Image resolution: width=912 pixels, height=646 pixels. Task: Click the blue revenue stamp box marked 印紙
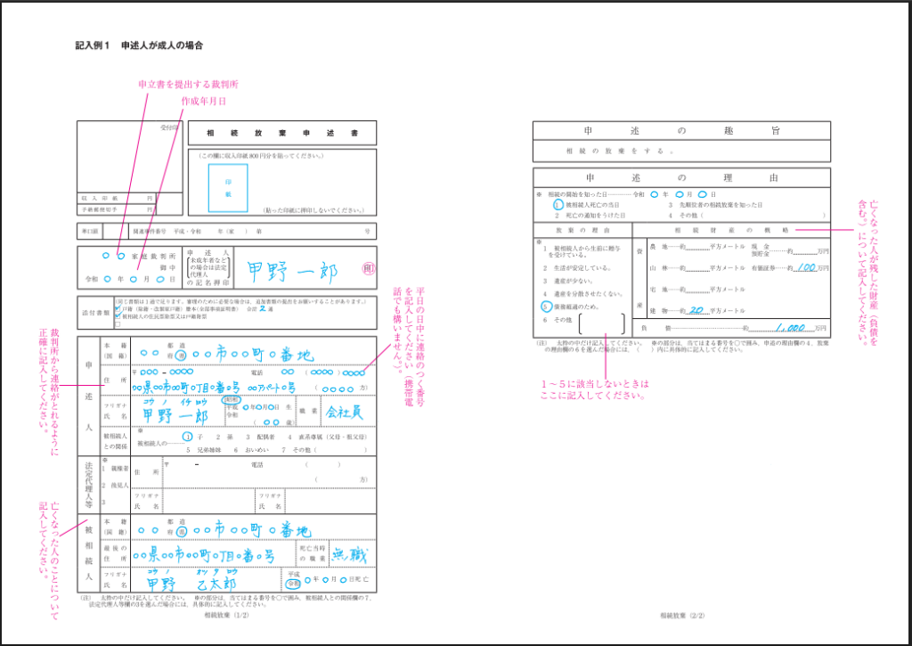pos(222,187)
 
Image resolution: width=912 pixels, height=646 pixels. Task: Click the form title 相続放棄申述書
pos(281,133)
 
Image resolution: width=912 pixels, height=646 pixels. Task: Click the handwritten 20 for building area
pos(696,310)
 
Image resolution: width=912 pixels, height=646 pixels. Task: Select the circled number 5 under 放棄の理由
pos(545,305)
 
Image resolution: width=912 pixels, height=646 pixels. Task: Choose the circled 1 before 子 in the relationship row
pos(187,437)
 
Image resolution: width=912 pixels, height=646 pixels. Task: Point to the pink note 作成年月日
pos(202,102)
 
